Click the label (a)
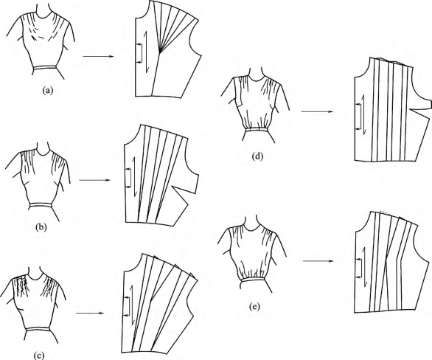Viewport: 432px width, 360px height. click(x=47, y=90)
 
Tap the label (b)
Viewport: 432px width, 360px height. click(x=41, y=227)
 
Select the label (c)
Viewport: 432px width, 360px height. click(x=38, y=356)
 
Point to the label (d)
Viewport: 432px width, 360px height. click(x=257, y=157)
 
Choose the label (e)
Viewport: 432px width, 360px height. click(x=254, y=307)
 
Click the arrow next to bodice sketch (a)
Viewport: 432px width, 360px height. click(x=98, y=57)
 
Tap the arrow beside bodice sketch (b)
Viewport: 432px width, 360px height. click(x=94, y=180)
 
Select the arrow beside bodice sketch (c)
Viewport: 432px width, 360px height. click(x=91, y=313)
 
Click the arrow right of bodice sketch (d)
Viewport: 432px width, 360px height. click(x=318, y=111)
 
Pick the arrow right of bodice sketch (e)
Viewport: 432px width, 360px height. click(x=318, y=260)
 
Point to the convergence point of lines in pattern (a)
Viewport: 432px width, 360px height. click(x=159, y=51)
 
